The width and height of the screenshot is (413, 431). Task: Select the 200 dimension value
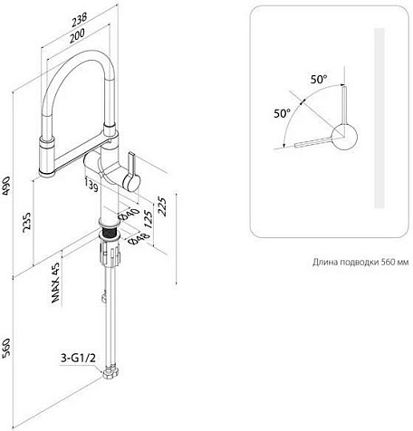tap(77, 36)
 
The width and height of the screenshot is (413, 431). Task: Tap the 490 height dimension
tap(6, 186)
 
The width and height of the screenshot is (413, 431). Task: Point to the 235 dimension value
tap(26, 223)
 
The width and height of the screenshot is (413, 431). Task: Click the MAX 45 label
tap(55, 282)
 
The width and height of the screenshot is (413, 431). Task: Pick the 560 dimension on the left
tap(6, 349)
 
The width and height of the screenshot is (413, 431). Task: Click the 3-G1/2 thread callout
tap(78, 359)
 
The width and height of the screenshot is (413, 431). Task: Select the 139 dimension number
tap(91, 185)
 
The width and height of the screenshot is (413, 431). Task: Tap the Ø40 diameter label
tap(130, 215)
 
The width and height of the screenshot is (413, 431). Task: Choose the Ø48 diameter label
tap(139, 238)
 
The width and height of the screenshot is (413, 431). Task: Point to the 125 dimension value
tap(148, 219)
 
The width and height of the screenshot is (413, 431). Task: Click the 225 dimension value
tap(162, 206)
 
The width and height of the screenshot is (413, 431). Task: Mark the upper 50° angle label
tap(319, 80)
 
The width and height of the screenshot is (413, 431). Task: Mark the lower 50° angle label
tap(283, 113)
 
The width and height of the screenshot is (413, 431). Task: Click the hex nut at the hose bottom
tap(111, 372)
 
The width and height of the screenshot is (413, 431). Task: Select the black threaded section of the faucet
tap(109, 233)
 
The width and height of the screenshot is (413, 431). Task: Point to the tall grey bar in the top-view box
tap(379, 119)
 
